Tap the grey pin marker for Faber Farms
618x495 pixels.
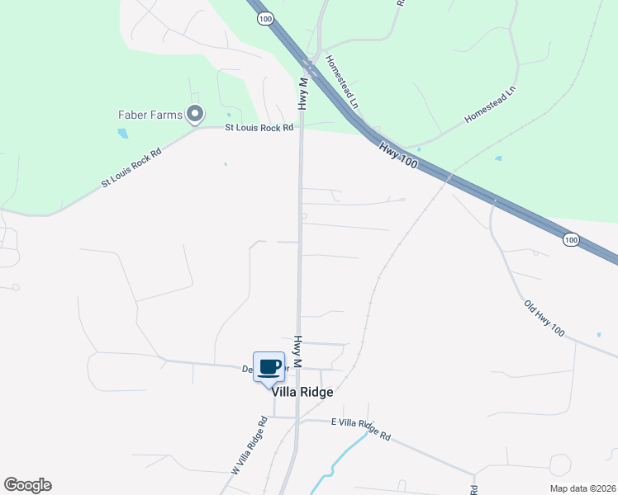[x=195, y=114]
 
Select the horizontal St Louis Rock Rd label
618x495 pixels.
[x=259, y=128]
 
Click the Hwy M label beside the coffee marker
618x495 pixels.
[x=297, y=351]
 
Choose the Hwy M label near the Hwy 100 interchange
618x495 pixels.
[x=303, y=94]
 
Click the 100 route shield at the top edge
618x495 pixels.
[x=264, y=19]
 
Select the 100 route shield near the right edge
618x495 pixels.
[x=570, y=239]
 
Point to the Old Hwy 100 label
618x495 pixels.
[x=544, y=318]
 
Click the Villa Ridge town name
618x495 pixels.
[x=307, y=393]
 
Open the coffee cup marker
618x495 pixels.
[x=269, y=366]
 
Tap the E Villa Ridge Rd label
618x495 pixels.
[x=360, y=428]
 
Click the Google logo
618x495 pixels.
[x=27, y=485]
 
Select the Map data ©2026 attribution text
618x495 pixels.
[x=583, y=488]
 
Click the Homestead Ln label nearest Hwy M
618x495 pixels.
[x=341, y=82]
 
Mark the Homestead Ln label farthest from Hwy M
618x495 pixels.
[x=490, y=104]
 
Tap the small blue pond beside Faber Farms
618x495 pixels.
[x=123, y=133]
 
